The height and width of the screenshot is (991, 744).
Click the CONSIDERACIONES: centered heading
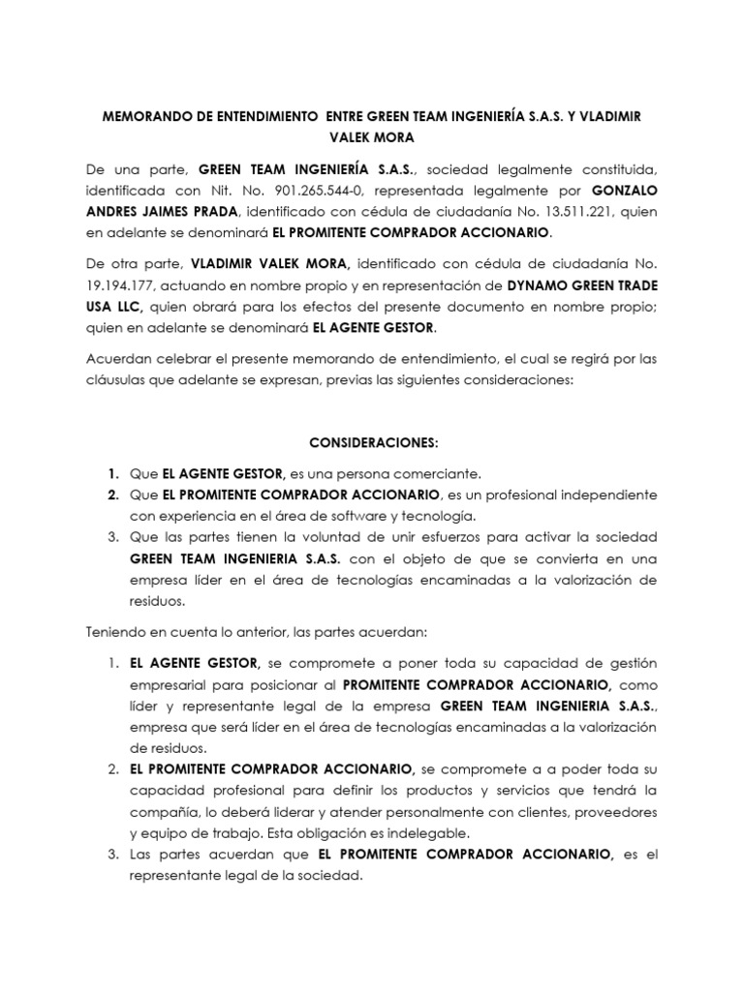373,442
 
